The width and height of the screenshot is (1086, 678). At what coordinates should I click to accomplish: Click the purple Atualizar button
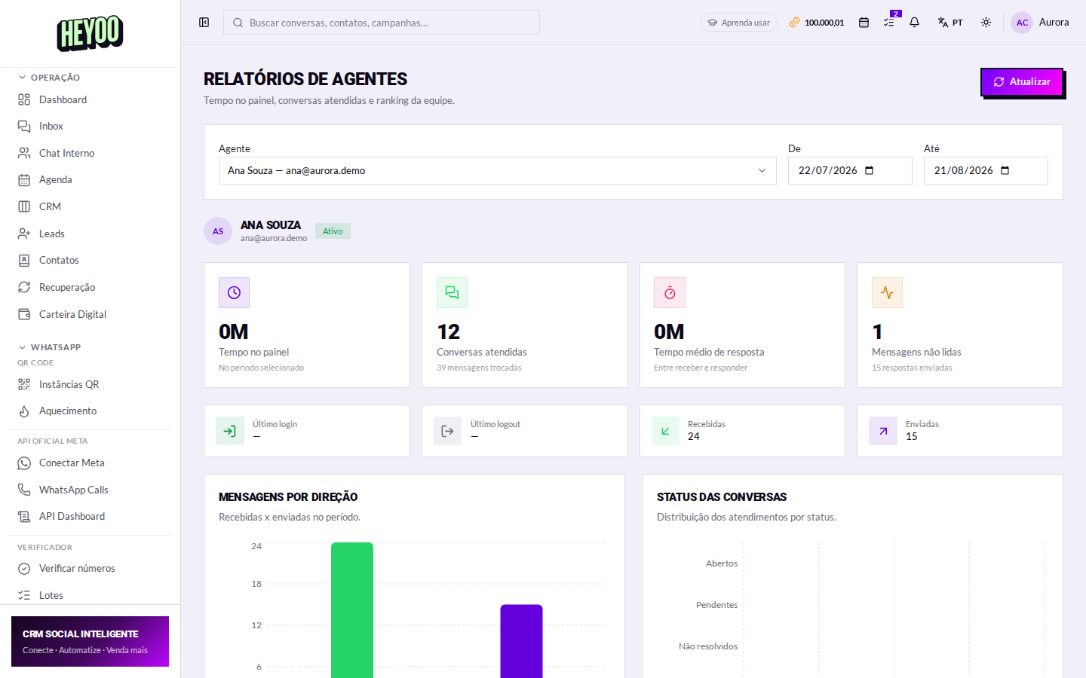[x=1022, y=82]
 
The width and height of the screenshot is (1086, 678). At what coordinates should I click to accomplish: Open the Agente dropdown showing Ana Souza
[x=497, y=170]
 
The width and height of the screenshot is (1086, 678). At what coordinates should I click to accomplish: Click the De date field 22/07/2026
[x=849, y=170]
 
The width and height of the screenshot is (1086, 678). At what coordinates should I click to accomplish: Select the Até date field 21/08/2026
[x=985, y=170]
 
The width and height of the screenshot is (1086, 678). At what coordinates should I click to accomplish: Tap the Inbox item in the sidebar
[x=51, y=126]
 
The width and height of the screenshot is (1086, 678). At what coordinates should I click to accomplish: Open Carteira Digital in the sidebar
[x=72, y=314]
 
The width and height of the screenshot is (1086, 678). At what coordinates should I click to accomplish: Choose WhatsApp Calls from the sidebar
[x=74, y=490]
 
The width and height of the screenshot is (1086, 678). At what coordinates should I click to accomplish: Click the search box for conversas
[x=381, y=23]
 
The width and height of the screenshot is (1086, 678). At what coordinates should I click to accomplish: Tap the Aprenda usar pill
[x=739, y=23]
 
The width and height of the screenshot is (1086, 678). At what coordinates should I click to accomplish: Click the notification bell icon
[x=914, y=23]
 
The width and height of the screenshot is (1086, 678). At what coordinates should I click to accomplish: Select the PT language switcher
[x=950, y=23]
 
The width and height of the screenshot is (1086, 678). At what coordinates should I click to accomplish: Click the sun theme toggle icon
[x=986, y=23]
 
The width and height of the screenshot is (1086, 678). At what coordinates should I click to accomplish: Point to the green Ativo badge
[x=333, y=231]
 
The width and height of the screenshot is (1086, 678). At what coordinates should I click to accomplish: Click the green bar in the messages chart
[x=352, y=610]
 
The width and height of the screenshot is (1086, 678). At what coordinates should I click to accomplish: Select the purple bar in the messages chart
[x=521, y=641]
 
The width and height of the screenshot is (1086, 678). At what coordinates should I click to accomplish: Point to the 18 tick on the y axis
[x=256, y=584]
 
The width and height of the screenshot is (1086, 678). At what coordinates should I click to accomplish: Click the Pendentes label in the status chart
[x=716, y=605]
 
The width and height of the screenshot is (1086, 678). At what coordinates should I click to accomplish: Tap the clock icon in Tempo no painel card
[x=234, y=292]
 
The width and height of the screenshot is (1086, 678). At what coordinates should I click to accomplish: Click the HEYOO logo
[x=90, y=33]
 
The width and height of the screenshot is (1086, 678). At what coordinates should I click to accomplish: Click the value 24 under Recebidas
[x=693, y=436]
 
